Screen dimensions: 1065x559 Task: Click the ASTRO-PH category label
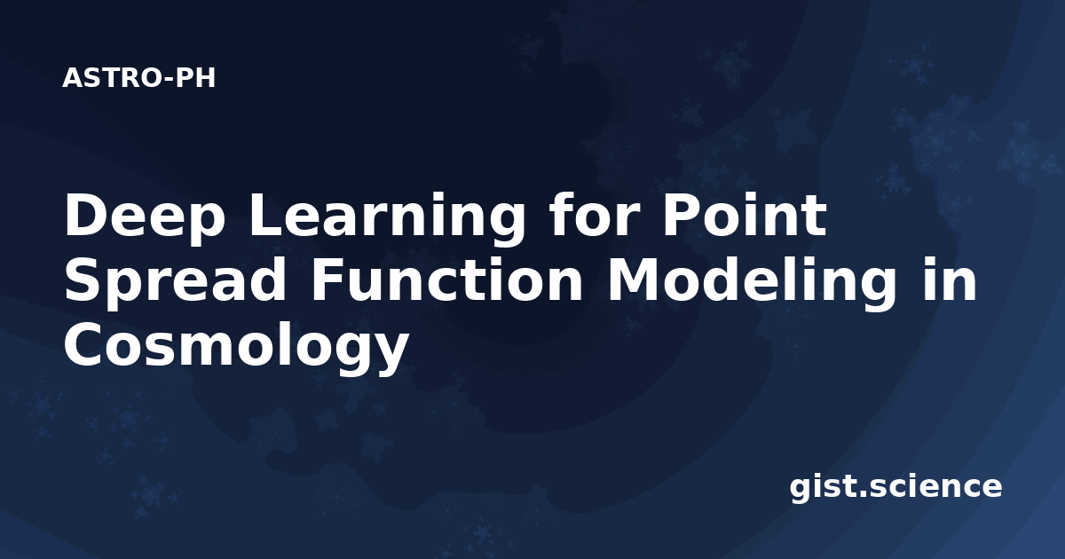click(x=138, y=78)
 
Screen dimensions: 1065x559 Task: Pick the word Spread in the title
click(x=175, y=282)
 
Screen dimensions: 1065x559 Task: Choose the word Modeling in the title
click(x=752, y=282)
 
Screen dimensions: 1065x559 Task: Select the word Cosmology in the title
click(x=236, y=348)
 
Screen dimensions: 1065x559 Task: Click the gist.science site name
click(x=895, y=488)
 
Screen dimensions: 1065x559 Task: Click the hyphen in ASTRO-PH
click(x=169, y=80)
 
